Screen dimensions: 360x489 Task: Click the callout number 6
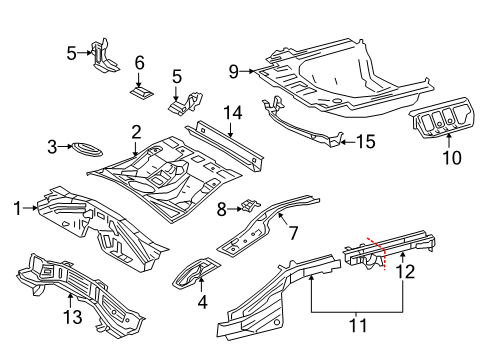click(140, 62)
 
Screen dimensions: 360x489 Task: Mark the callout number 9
click(234, 71)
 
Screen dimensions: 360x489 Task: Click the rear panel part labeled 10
click(443, 117)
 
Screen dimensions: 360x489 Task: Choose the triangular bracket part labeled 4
click(195, 272)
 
